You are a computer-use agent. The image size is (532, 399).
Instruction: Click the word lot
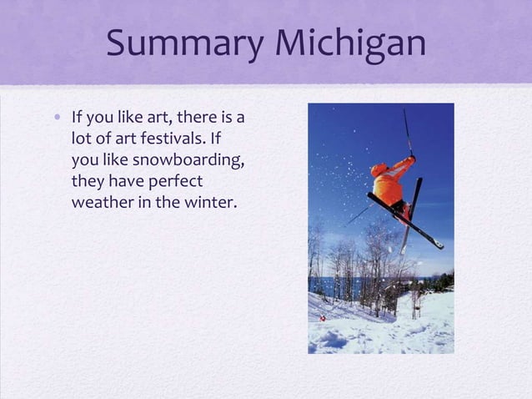point(83,137)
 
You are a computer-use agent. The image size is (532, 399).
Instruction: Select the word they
point(89,180)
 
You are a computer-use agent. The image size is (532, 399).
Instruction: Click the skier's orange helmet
point(379,170)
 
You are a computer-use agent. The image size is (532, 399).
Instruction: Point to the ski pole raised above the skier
point(408,130)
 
